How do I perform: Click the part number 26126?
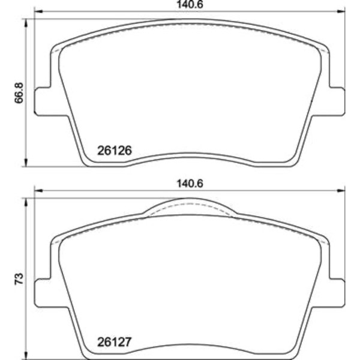click(x=115, y=151)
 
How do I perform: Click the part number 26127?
click(x=115, y=342)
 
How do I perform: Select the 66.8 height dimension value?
click(x=19, y=93)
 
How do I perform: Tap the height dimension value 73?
click(x=19, y=279)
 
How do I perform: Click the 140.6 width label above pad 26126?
click(x=190, y=5)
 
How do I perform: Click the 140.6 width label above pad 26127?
click(x=190, y=184)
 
